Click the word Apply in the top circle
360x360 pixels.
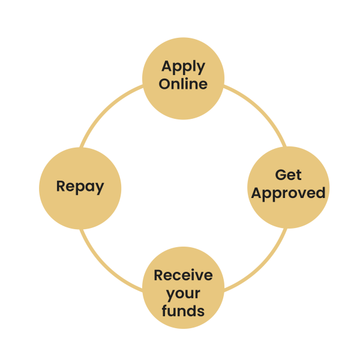[183, 67]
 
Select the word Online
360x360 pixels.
[183, 83]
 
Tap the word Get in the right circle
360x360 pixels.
[288, 175]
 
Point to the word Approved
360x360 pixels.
[288, 193]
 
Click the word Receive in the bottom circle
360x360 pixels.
[183, 275]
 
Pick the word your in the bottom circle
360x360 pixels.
[183, 293]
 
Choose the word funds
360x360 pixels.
[183, 311]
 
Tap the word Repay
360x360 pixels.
[80, 186]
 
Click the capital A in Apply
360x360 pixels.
[166, 66]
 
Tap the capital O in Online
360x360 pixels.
[165, 83]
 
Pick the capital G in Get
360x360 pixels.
[280, 175]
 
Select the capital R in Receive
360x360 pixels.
[159, 275]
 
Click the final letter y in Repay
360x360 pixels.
[100, 188]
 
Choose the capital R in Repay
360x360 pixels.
[61, 186]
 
